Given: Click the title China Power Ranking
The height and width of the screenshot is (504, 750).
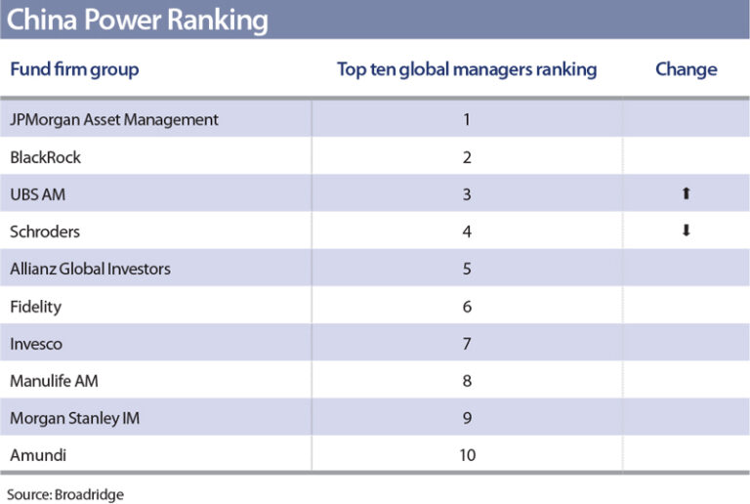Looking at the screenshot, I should coord(137,20).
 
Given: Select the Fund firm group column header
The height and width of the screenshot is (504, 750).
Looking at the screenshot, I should coord(74,69).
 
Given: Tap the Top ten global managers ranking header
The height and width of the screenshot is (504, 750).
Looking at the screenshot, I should coord(467,69).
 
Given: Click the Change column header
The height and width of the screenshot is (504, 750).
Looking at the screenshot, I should coord(686,69).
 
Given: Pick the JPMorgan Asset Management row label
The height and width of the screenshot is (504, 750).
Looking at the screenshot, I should coord(114,120).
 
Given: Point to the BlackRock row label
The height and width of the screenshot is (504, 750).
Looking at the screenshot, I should coord(45,157).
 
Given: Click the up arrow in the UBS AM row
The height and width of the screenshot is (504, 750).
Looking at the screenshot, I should coord(686,194).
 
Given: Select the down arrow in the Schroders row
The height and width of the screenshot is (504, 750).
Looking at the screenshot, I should coord(686,231).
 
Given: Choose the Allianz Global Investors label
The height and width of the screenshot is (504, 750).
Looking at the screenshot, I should coord(90,269).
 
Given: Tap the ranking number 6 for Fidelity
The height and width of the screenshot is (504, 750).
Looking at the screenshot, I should coord(467,307).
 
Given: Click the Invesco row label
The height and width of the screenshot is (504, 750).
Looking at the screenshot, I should coord(39,344).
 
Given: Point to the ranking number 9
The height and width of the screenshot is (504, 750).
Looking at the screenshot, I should coord(467,418).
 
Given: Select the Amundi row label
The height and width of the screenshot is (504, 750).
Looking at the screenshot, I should coord(39,455).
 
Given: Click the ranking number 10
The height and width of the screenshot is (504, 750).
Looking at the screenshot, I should coord(467,455).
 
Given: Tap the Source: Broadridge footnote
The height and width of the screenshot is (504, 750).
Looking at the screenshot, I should coord(65,494).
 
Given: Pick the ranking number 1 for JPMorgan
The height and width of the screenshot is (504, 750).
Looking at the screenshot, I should coord(467,120).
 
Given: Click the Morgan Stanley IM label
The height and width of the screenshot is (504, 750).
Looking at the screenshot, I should coord(73,418).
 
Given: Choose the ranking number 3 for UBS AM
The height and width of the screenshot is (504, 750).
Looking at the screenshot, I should coord(467,194).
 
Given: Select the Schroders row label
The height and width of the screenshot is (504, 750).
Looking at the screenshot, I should coord(45,231).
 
